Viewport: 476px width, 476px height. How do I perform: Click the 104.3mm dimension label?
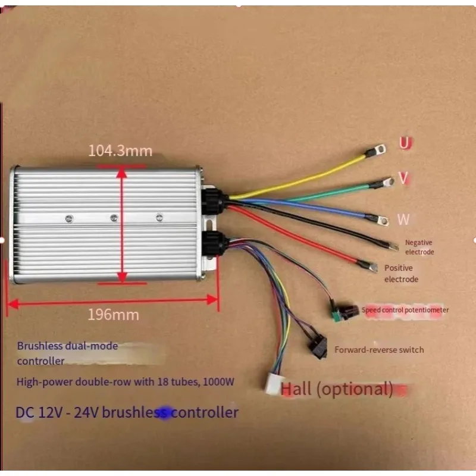coord(120,151)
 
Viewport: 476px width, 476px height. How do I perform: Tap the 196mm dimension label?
coord(113,315)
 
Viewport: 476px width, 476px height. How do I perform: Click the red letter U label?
coord(406,143)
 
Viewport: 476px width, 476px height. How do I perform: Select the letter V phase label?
coord(404,178)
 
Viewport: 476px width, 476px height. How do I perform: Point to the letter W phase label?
coord(403,219)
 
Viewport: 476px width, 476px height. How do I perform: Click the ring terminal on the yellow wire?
coord(377,151)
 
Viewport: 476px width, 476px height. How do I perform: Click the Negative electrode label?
coord(419,247)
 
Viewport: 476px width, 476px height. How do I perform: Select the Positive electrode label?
coord(401,274)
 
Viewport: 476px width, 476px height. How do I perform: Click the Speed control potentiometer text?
coord(405,310)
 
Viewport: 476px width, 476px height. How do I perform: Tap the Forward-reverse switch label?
coord(379,350)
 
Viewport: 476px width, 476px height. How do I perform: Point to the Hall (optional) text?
coord(337,389)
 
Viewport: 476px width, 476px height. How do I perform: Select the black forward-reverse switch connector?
coord(318,347)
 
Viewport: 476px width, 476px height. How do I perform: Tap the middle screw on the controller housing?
coord(114,217)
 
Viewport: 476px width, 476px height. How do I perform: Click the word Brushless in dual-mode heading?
coord(36,346)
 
